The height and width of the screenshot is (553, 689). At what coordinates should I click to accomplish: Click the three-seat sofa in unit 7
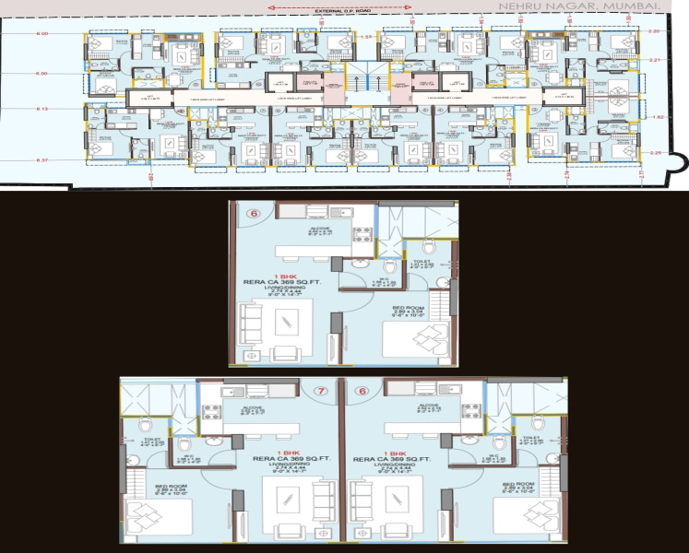tap(322, 505)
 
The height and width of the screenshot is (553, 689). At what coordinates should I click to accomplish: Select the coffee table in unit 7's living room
tap(280, 505)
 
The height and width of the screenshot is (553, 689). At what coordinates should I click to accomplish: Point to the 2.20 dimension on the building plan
tap(656, 31)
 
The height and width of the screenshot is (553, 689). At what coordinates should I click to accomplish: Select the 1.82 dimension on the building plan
tap(658, 117)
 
